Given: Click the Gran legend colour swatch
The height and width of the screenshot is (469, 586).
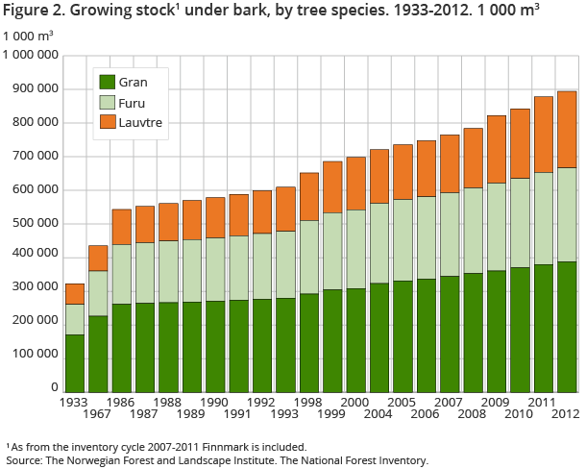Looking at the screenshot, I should tap(108, 82).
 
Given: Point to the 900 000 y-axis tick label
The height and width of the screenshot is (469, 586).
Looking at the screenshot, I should tap(31, 89).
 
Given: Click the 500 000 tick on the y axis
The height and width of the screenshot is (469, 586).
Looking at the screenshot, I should tap(31, 223).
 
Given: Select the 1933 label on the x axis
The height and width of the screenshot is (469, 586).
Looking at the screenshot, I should tap(74, 401).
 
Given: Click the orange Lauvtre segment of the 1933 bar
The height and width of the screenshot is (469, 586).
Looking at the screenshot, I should tap(75, 293).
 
